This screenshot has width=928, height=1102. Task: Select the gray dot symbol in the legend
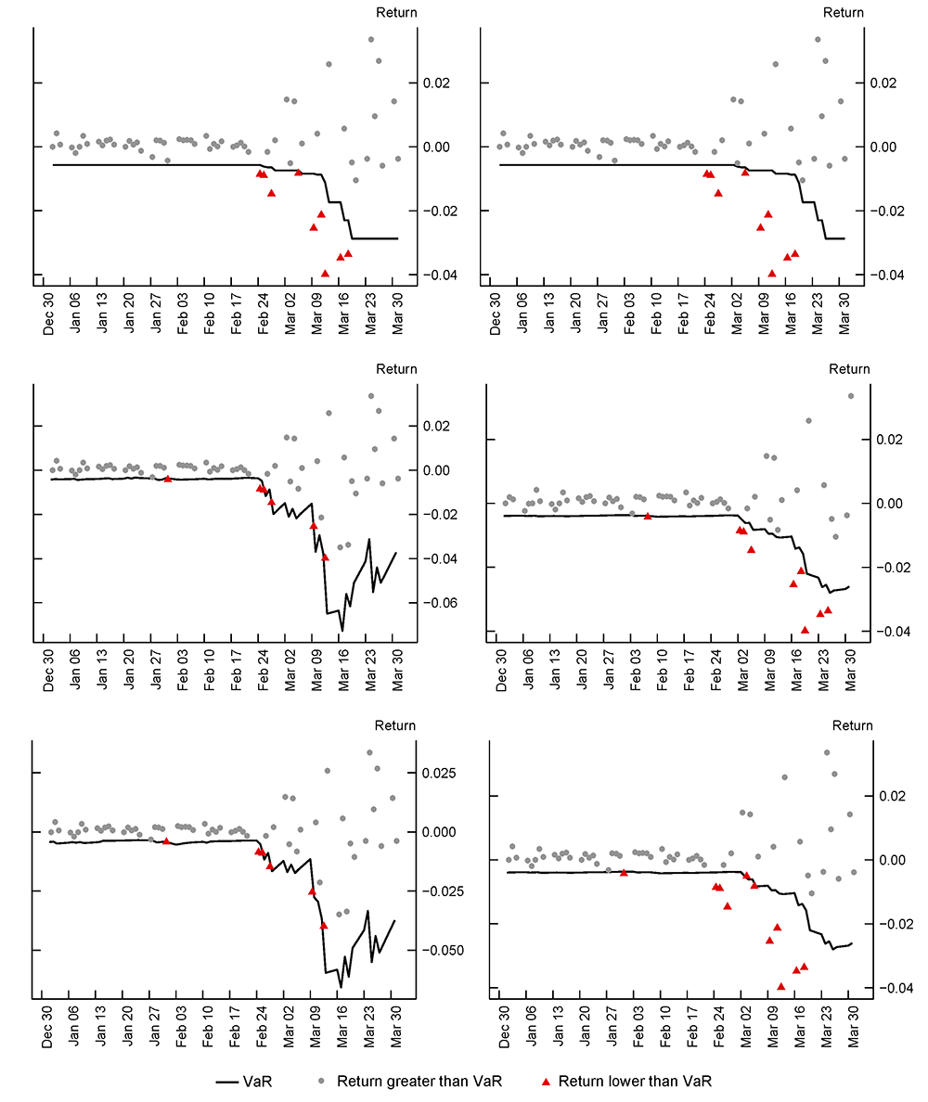click(320, 1081)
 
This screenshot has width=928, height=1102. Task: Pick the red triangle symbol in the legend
click(547, 1081)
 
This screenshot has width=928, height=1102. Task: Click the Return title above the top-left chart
click(396, 12)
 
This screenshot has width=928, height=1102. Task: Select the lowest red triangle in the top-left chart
click(325, 273)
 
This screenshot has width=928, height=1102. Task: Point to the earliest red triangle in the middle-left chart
click(167, 478)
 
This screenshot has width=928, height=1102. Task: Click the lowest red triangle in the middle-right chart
click(805, 629)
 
